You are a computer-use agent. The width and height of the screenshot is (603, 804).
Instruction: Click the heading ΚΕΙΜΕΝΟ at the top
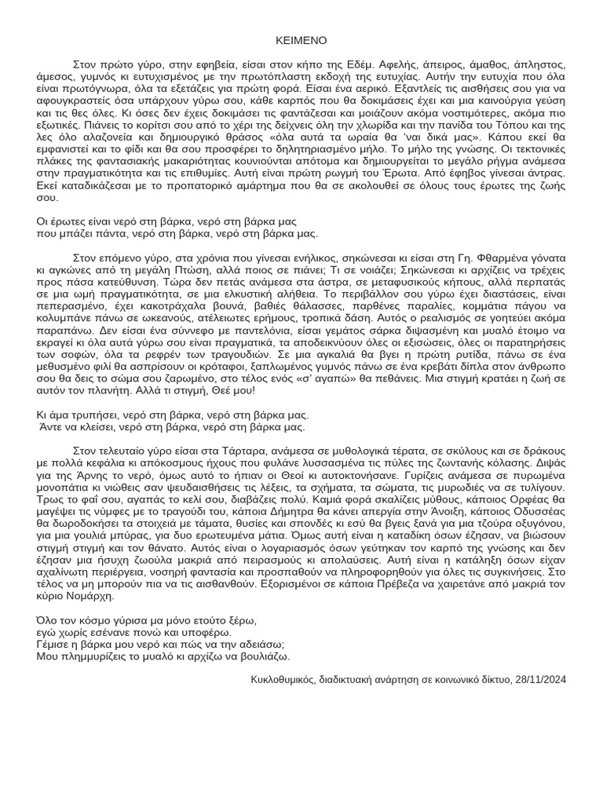click(301, 40)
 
